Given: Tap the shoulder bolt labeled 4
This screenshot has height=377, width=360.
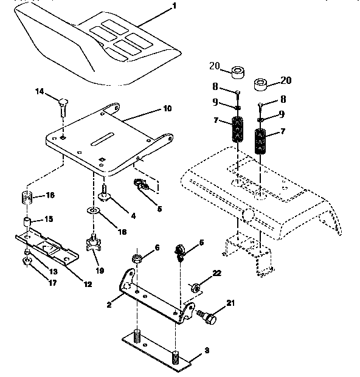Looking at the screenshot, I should (x=105, y=194).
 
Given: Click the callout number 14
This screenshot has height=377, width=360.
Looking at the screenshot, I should (x=40, y=92).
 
